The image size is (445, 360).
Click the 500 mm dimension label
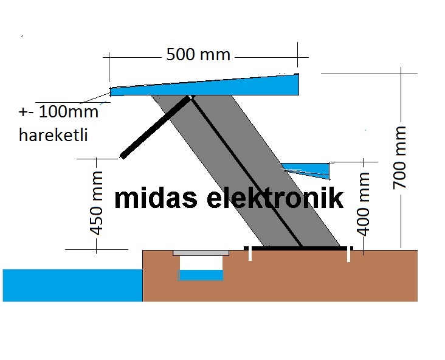click(x=198, y=55)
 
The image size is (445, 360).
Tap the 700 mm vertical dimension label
click(x=401, y=157)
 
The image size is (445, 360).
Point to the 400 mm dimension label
click(x=364, y=203)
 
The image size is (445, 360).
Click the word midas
click(x=155, y=198)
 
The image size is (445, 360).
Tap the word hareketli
click(x=53, y=135)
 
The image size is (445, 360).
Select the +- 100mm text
click(x=58, y=112)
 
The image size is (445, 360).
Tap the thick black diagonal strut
click(x=155, y=125)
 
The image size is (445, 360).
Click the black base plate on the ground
click(x=298, y=248)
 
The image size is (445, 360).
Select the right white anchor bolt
click(x=348, y=255)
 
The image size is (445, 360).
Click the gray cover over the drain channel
click(x=201, y=252)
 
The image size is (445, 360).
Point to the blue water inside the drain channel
click(x=201, y=275)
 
